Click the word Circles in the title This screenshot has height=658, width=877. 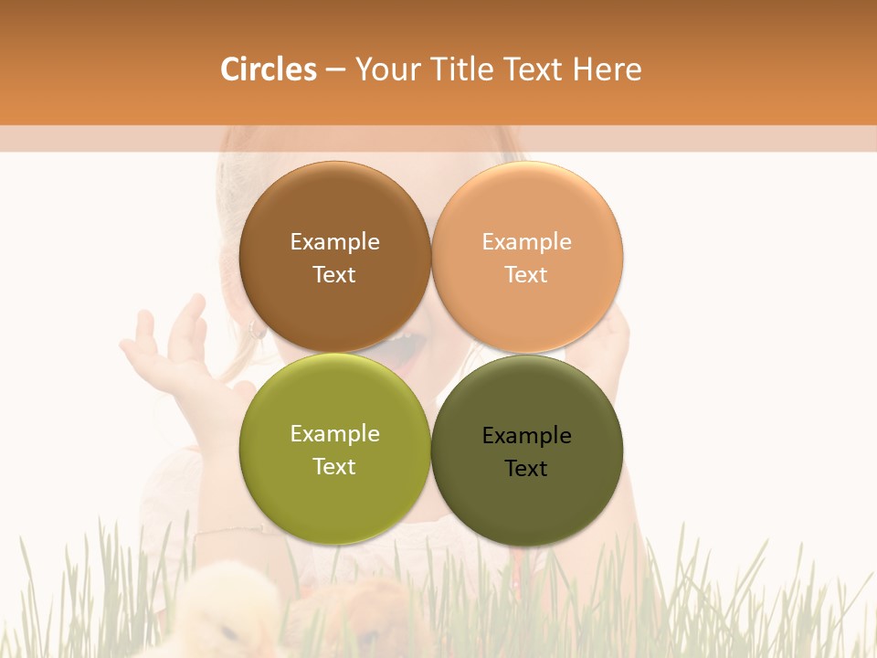tap(268, 69)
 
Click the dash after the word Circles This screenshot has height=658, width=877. tap(335, 70)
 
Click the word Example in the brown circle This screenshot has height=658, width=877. tap(334, 241)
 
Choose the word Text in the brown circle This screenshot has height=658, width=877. tap(334, 274)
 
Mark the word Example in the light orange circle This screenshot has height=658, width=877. tap(527, 241)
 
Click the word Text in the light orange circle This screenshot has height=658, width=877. tap(526, 274)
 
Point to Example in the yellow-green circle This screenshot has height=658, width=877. tap(334, 433)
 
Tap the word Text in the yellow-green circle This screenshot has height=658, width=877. tap(334, 466)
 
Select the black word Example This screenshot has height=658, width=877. tap(527, 435)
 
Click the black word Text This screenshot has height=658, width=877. tap(526, 468)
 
